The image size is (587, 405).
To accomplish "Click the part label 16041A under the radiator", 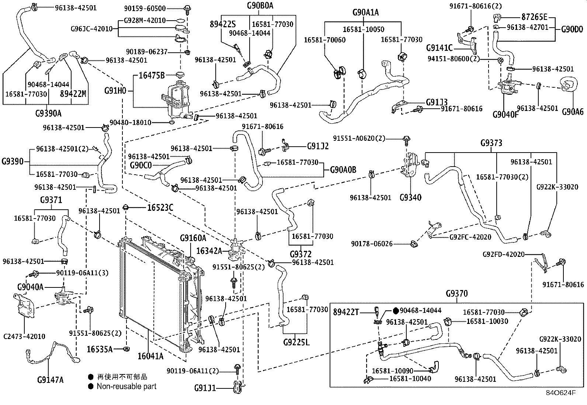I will pyautogui.click(x=150, y=356).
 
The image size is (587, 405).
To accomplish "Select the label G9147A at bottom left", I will pyautogui.click(x=51, y=379).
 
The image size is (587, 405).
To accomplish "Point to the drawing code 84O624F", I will pyautogui.click(x=560, y=392).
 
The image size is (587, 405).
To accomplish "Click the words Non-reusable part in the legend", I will pyautogui.click(x=126, y=386).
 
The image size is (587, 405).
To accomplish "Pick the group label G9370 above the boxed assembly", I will pyautogui.click(x=456, y=294).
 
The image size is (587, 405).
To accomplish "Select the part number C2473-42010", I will pyautogui.click(x=24, y=336).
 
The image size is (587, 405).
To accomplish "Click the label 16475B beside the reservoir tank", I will pyautogui.click(x=152, y=76).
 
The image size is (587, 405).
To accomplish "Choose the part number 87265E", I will pyautogui.click(x=535, y=17).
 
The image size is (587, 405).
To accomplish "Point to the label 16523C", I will pyautogui.click(x=160, y=207).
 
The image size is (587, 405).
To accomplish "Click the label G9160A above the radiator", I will pyautogui.click(x=193, y=238).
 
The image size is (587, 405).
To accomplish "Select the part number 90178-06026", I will pyautogui.click(x=372, y=244).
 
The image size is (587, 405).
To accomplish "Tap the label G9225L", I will pyautogui.click(x=296, y=342).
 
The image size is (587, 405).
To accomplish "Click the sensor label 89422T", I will pyautogui.click(x=346, y=312).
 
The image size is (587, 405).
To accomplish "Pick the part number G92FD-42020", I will pyautogui.click(x=504, y=254).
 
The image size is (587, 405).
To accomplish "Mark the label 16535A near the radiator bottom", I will pyautogui.click(x=100, y=349).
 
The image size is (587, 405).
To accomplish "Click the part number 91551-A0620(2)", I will pyautogui.click(x=359, y=138).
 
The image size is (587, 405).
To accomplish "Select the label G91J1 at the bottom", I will pyautogui.click(x=205, y=388).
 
